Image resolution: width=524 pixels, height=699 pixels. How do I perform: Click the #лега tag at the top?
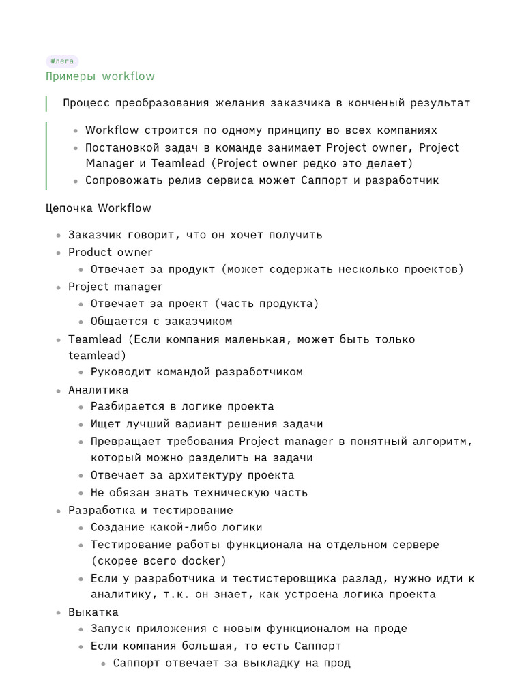click(x=62, y=61)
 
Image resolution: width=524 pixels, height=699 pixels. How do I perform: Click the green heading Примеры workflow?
click(x=100, y=76)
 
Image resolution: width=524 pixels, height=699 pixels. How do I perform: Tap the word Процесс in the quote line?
click(x=85, y=103)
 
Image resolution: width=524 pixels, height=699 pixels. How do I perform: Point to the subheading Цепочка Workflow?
click(x=98, y=208)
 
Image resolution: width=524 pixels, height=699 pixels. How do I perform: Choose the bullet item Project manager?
click(x=115, y=287)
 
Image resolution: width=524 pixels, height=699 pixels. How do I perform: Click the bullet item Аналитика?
click(x=98, y=390)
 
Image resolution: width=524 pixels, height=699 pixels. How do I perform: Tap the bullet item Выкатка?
click(x=93, y=612)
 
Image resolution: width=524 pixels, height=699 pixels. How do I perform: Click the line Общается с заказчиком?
click(x=161, y=321)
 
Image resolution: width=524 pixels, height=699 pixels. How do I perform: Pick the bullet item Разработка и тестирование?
click(x=150, y=510)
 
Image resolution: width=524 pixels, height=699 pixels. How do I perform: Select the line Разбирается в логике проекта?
click(x=182, y=406)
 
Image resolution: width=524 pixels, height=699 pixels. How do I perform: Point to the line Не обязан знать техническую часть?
click(x=199, y=492)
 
